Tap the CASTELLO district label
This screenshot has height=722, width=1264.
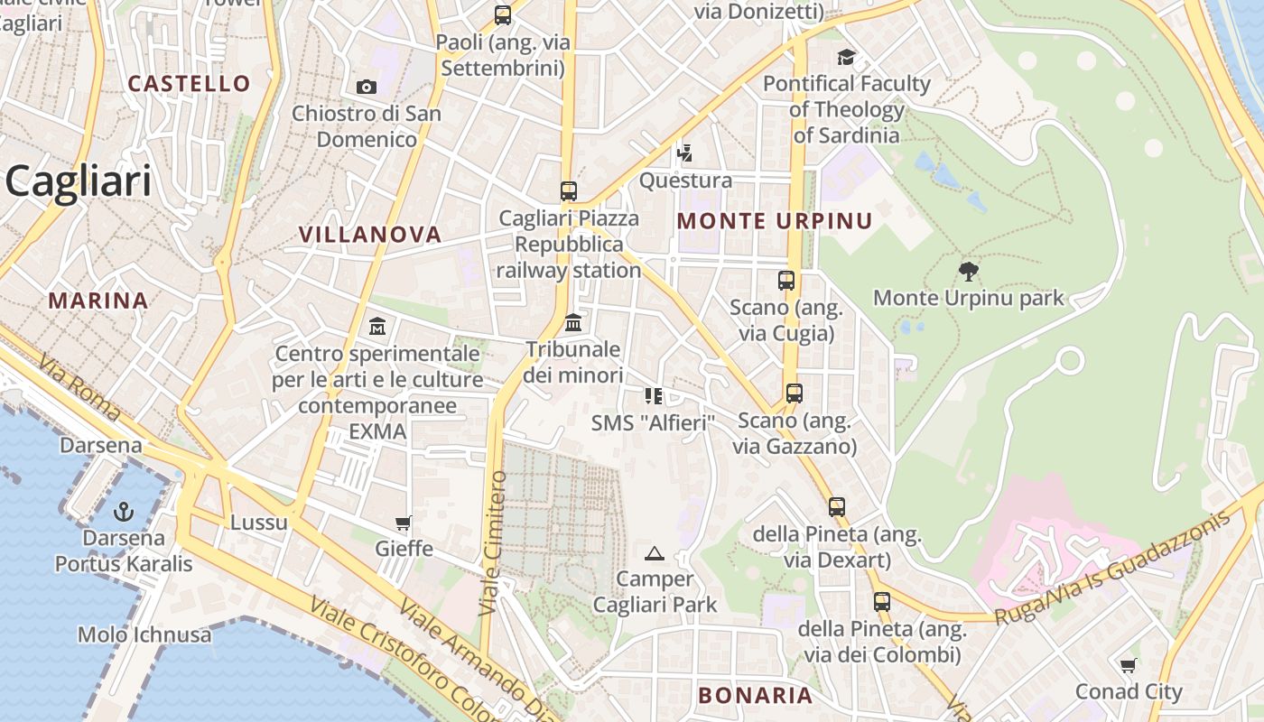pyautogui.click(x=189, y=84)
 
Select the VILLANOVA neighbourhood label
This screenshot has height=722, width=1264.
pyautogui.click(x=370, y=235)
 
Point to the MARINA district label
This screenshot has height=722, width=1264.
pyautogui.click(x=98, y=301)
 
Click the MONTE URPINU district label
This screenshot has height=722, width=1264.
pyautogui.click(x=775, y=221)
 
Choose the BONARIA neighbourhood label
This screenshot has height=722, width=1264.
pyautogui.click(x=756, y=695)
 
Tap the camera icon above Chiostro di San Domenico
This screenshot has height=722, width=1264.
pyautogui.click(x=366, y=87)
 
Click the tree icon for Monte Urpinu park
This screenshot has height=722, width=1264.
pyautogui.click(x=969, y=271)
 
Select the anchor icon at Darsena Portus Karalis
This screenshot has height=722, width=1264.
pyautogui.click(x=123, y=513)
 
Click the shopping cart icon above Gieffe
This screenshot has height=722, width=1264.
pyautogui.click(x=404, y=523)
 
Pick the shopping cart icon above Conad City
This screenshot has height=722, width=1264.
pyautogui.click(x=1128, y=666)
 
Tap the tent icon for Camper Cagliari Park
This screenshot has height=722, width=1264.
pyautogui.click(x=655, y=553)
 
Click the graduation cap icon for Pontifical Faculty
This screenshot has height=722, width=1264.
pyautogui.click(x=846, y=58)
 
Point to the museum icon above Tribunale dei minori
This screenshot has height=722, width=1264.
pyautogui.click(x=572, y=322)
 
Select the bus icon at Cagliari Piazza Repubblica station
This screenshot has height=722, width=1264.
pyautogui.click(x=568, y=191)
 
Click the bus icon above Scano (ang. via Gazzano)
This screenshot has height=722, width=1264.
pyautogui.click(x=794, y=393)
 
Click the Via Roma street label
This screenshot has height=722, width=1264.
pyautogui.click(x=80, y=388)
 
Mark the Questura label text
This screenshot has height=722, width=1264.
pyautogui.click(x=685, y=180)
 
